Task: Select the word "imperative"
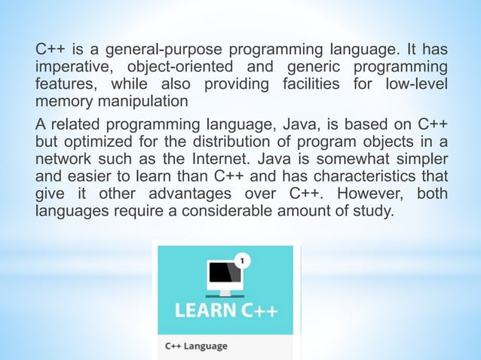pyautogui.click(x=74, y=68)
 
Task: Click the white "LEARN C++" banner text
pyautogui.click(x=225, y=310)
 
